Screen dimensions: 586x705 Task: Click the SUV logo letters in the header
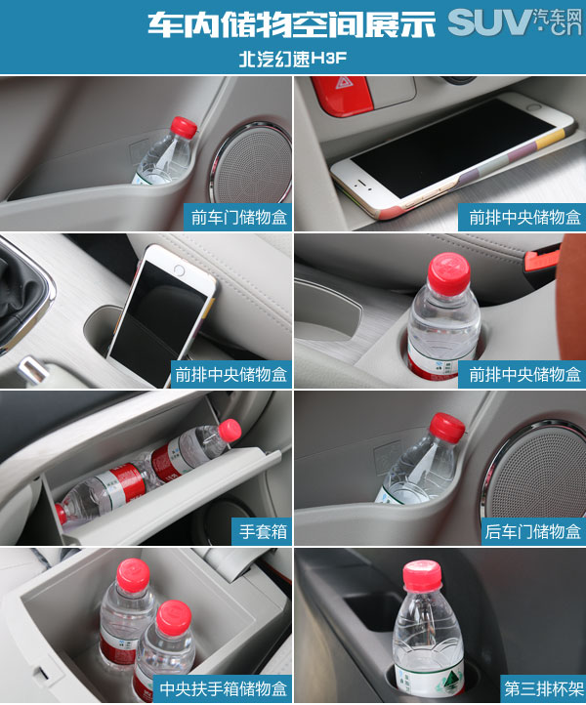[x=490, y=22]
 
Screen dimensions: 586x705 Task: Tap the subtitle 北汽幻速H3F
[x=293, y=59]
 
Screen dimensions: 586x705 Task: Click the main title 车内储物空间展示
[x=292, y=23]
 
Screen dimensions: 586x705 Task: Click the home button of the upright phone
[x=179, y=270]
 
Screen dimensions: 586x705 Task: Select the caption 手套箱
[x=263, y=531]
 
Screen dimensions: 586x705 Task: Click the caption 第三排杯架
[x=543, y=688]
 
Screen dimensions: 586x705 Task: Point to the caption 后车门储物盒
[x=532, y=531]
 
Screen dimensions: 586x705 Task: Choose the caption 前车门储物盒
[x=239, y=217]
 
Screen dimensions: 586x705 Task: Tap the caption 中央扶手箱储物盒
[x=224, y=688]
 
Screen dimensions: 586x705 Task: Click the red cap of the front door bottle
[x=184, y=127]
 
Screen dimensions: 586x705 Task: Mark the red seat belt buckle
[x=542, y=260]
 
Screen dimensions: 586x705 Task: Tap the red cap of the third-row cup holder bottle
[x=422, y=576]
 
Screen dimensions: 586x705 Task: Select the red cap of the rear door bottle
[x=446, y=427]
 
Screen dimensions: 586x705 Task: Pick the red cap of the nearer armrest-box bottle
[x=174, y=617]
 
